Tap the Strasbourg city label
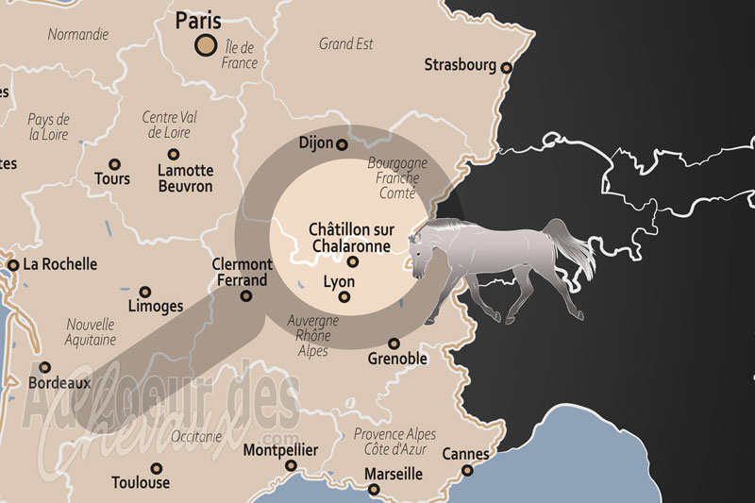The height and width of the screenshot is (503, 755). click(x=460, y=65)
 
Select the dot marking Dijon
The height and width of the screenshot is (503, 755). click(x=342, y=144)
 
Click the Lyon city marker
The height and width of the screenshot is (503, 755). click(x=344, y=298)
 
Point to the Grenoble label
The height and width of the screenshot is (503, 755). click(x=397, y=360)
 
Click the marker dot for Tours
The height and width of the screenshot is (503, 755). click(x=114, y=164)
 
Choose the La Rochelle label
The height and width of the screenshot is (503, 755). click(x=59, y=264)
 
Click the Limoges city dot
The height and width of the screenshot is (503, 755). click(x=144, y=293)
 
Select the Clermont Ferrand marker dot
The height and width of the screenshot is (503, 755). click(x=246, y=295)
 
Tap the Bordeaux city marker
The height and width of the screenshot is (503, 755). click(x=44, y=368)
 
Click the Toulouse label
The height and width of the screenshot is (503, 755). click(x=141, y=482)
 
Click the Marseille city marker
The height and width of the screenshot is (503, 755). click(x=374, y=490)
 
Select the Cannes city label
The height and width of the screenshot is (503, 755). click(x=465, y=455)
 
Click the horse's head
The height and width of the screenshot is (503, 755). click(x=423, y=248)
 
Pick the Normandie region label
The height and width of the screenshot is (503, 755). click(x=78, y=34)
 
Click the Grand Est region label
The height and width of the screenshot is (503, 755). click(x=346, y=43)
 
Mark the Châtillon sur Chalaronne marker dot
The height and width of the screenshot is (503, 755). click(x=352, y=261)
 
